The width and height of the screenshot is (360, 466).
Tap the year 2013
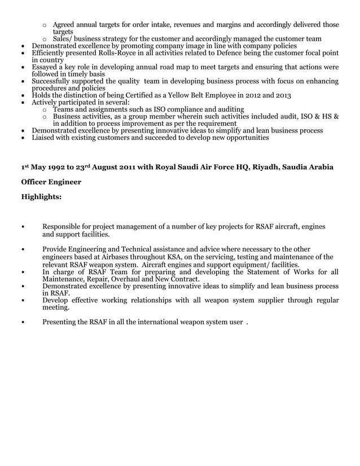point(281,96)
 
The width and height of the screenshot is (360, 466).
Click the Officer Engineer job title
point(51,182)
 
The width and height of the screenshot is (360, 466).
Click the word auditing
point(227,109)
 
